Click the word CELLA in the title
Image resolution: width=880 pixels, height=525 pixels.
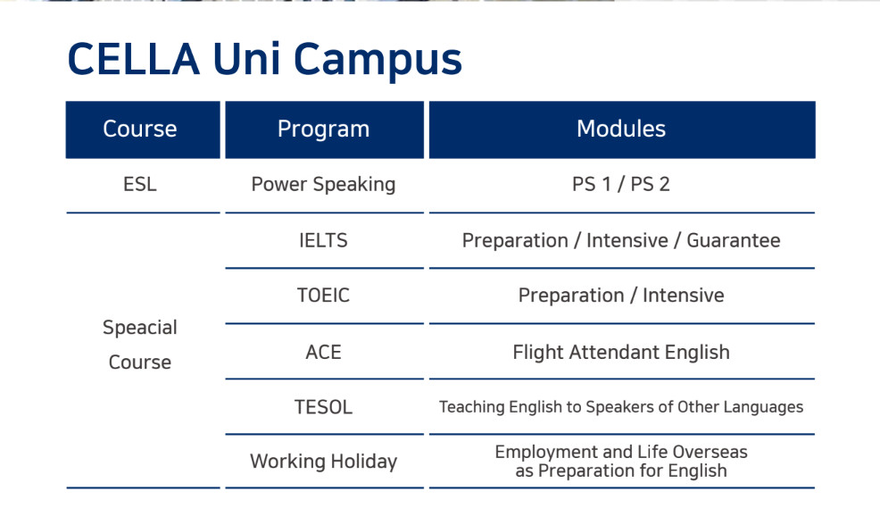coord(134,59)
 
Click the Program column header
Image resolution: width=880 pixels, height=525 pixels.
coord(324,129)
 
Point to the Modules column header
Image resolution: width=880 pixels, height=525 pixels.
coord(622,129)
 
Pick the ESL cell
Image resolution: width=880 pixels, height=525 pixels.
coord(140,184)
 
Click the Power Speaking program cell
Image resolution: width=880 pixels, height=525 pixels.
coord(323,185)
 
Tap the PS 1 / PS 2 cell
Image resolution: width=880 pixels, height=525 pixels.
coord(620,184)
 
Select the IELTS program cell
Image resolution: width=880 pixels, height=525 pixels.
coord(323,240)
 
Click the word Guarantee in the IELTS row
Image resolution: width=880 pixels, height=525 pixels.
coord(734,240)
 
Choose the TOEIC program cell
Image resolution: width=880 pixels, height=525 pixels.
coord(323,296)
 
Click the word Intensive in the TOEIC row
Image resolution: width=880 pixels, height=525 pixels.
coord(684,296)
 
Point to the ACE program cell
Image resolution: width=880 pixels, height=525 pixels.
coord(323,352)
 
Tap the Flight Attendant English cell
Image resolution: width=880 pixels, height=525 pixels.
coord(620,352)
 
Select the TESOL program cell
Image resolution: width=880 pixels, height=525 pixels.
coord(323,407)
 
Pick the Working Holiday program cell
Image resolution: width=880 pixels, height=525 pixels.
coord(324,462)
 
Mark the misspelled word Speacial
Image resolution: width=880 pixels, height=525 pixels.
coord(140,328)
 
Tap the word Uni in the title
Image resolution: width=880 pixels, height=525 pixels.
coord(246,59)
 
